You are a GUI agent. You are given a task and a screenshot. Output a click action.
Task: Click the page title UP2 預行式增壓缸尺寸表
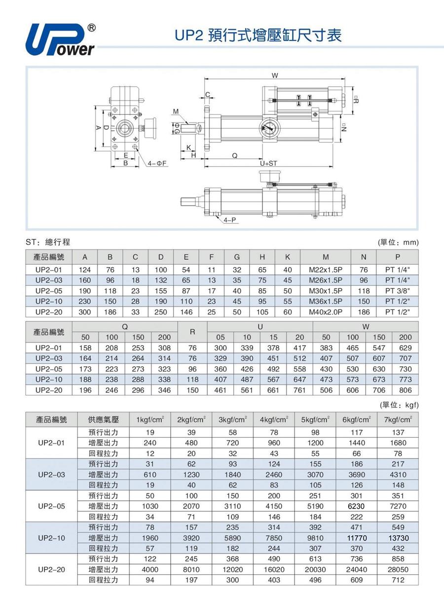(258, 36)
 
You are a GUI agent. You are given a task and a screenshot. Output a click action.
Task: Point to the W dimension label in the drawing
(274, 75)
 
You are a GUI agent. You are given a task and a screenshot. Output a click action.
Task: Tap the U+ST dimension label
(269, 163)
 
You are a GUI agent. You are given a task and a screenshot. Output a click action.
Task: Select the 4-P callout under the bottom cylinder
(230, 220)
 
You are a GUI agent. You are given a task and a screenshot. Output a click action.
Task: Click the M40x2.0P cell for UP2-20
(326, 312)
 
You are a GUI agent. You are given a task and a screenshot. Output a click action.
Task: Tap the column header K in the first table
(288, 257)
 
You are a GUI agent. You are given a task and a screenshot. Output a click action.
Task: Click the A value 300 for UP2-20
(85, 312)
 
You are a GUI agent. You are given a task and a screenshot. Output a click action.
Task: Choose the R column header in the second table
(192, 332)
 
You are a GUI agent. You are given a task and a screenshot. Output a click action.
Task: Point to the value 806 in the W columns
(406, 390)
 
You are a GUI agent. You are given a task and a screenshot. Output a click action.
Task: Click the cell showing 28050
(398, 569)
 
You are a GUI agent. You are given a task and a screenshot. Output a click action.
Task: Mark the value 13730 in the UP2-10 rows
(398, 538)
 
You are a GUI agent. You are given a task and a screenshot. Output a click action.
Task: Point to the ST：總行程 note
(48, 242)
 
